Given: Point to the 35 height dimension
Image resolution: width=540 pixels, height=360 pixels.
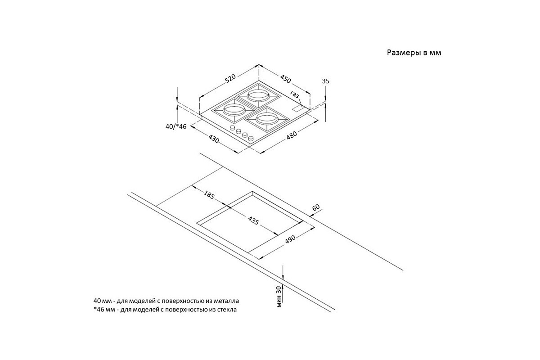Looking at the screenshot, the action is point(326,81).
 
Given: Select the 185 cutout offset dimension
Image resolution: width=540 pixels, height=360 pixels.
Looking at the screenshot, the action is point(209,196).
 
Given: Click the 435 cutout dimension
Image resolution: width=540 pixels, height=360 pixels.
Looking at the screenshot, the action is point(253,221).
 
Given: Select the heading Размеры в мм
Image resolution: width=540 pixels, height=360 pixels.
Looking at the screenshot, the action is point(414,53).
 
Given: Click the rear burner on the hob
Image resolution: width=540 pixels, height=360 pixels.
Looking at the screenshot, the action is point(257,95).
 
